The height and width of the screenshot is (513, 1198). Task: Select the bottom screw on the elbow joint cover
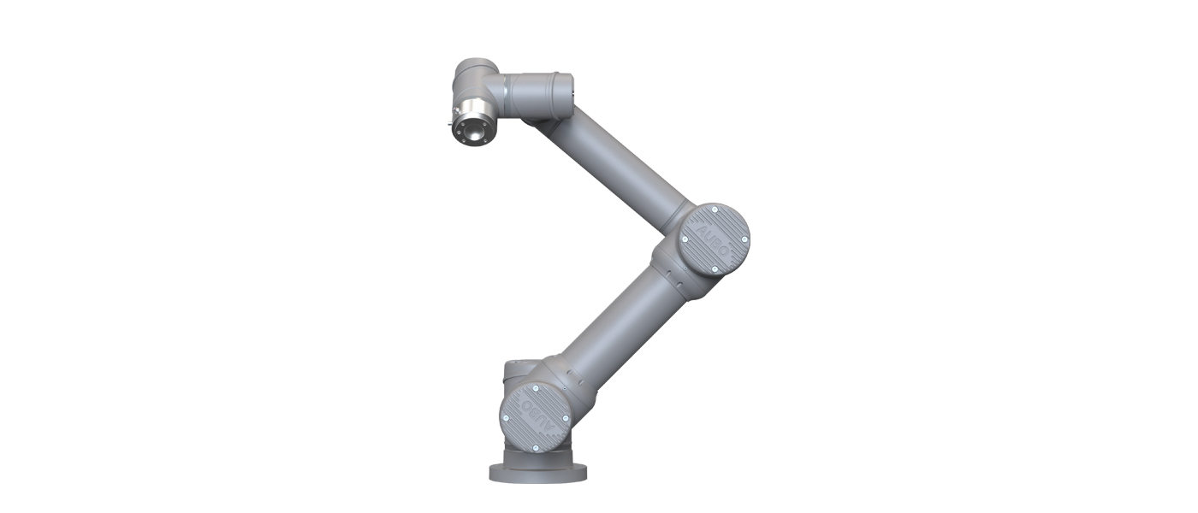pos(714,270)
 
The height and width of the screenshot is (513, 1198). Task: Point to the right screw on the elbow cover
pos(744,239)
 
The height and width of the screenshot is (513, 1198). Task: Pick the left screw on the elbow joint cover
pos(684,239)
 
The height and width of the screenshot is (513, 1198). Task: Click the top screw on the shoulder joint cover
pos(535,388)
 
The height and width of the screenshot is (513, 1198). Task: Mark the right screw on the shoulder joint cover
pos(566,418)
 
